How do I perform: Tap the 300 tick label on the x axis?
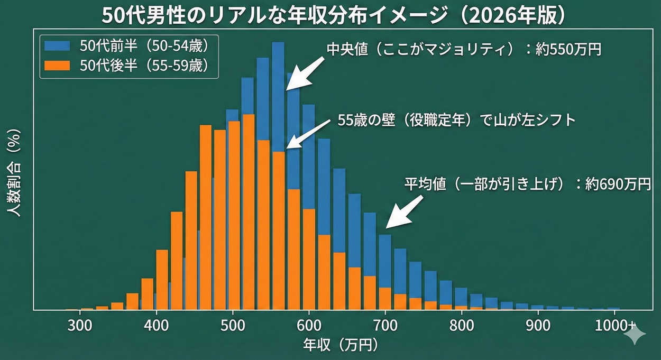[x=80, y=324]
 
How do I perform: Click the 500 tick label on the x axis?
[x=233, y=324]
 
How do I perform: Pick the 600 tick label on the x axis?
[x=309, y=324]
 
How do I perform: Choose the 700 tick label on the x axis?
[x=385, y=324]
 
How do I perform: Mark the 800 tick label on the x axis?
[x=462, y=324]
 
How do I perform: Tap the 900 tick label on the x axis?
[x=538, y=324]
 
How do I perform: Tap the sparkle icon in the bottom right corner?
[x=635, y=335]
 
